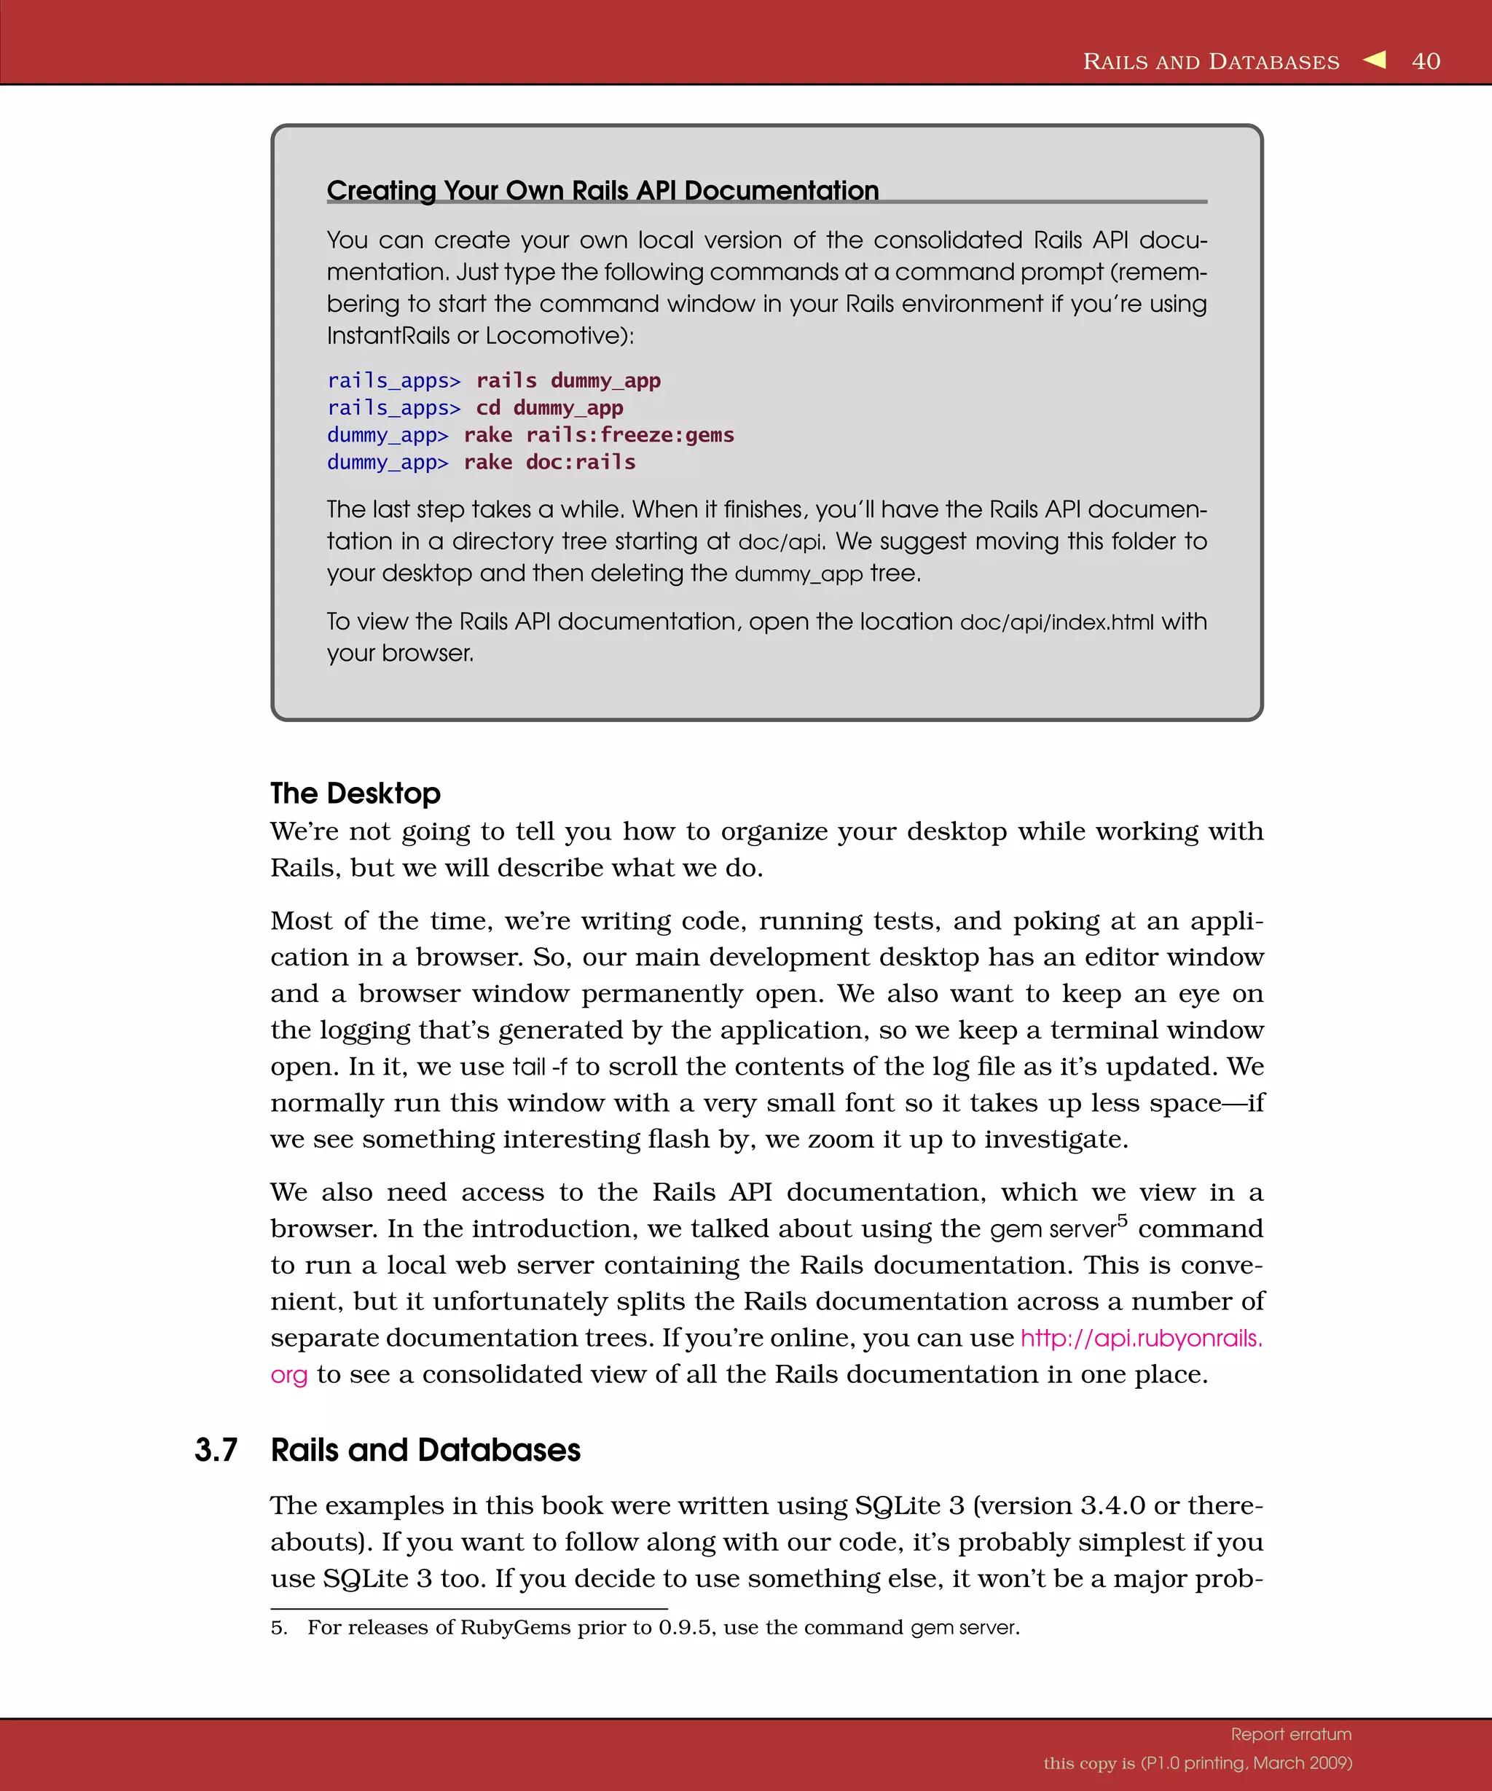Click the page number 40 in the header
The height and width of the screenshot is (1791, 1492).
1426,61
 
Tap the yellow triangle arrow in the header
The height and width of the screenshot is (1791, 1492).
1375,60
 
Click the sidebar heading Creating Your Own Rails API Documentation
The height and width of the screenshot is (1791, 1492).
602,190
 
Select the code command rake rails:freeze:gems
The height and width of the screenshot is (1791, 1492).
599,435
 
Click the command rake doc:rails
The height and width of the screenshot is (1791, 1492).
549,462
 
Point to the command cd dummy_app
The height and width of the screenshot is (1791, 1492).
549,407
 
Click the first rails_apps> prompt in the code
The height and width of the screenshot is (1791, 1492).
393,380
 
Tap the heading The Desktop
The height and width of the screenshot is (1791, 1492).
355,793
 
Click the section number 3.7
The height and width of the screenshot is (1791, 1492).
216,1450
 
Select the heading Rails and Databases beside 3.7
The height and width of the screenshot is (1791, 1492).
425,1450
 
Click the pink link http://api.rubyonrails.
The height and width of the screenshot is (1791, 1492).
1141,1337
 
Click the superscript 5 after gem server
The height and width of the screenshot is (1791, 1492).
1122,1220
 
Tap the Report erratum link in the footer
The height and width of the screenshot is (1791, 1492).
1291,1734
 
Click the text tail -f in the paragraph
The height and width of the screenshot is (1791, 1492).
539,1067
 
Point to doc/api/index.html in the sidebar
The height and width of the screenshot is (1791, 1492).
1056,622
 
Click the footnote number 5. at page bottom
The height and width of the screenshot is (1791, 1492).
279,1627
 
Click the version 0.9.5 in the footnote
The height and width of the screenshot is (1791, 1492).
685,1627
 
